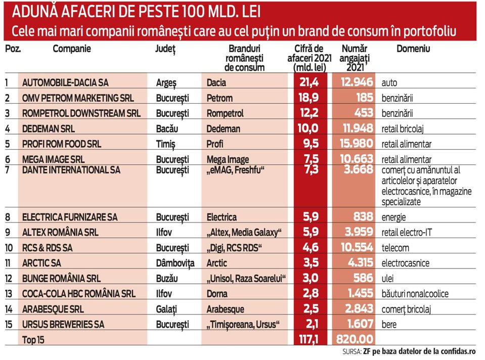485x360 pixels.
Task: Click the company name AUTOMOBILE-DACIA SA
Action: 65,82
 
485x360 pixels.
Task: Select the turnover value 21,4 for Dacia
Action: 308,82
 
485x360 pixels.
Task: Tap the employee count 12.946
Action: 357,82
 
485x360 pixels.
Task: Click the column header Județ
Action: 165,49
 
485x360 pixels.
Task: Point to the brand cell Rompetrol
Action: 225,113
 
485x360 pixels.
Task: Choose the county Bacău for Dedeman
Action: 167,128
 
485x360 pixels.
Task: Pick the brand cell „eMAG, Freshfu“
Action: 235,170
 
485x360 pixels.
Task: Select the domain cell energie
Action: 394,217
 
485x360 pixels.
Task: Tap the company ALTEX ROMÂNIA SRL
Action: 60,232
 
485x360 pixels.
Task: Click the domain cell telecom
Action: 395,248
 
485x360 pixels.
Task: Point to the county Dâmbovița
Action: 175,263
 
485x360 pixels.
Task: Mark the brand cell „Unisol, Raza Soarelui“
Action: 246,279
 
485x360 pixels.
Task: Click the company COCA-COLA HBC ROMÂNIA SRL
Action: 79,293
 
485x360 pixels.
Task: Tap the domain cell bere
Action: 389,324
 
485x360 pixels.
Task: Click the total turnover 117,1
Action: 308,339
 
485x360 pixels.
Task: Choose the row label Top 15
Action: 33,340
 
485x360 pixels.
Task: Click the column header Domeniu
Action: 413,49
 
